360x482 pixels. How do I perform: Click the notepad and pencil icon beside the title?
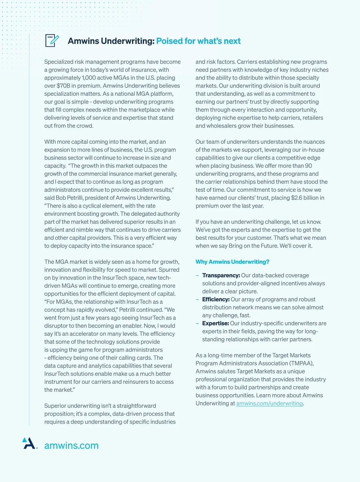coord(52,41)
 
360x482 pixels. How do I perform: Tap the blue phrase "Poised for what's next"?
coord(198,41)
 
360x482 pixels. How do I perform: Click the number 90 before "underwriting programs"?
coord(308,166)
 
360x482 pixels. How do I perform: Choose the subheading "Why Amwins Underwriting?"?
coord(232,262)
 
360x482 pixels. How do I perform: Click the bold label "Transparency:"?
coord(221,276)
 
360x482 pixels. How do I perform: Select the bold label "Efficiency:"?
coord(216,300)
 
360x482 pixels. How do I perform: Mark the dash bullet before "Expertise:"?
coord(197,324)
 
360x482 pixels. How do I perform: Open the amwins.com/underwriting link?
coord(269,403)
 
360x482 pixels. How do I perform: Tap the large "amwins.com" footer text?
coord(71,445)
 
